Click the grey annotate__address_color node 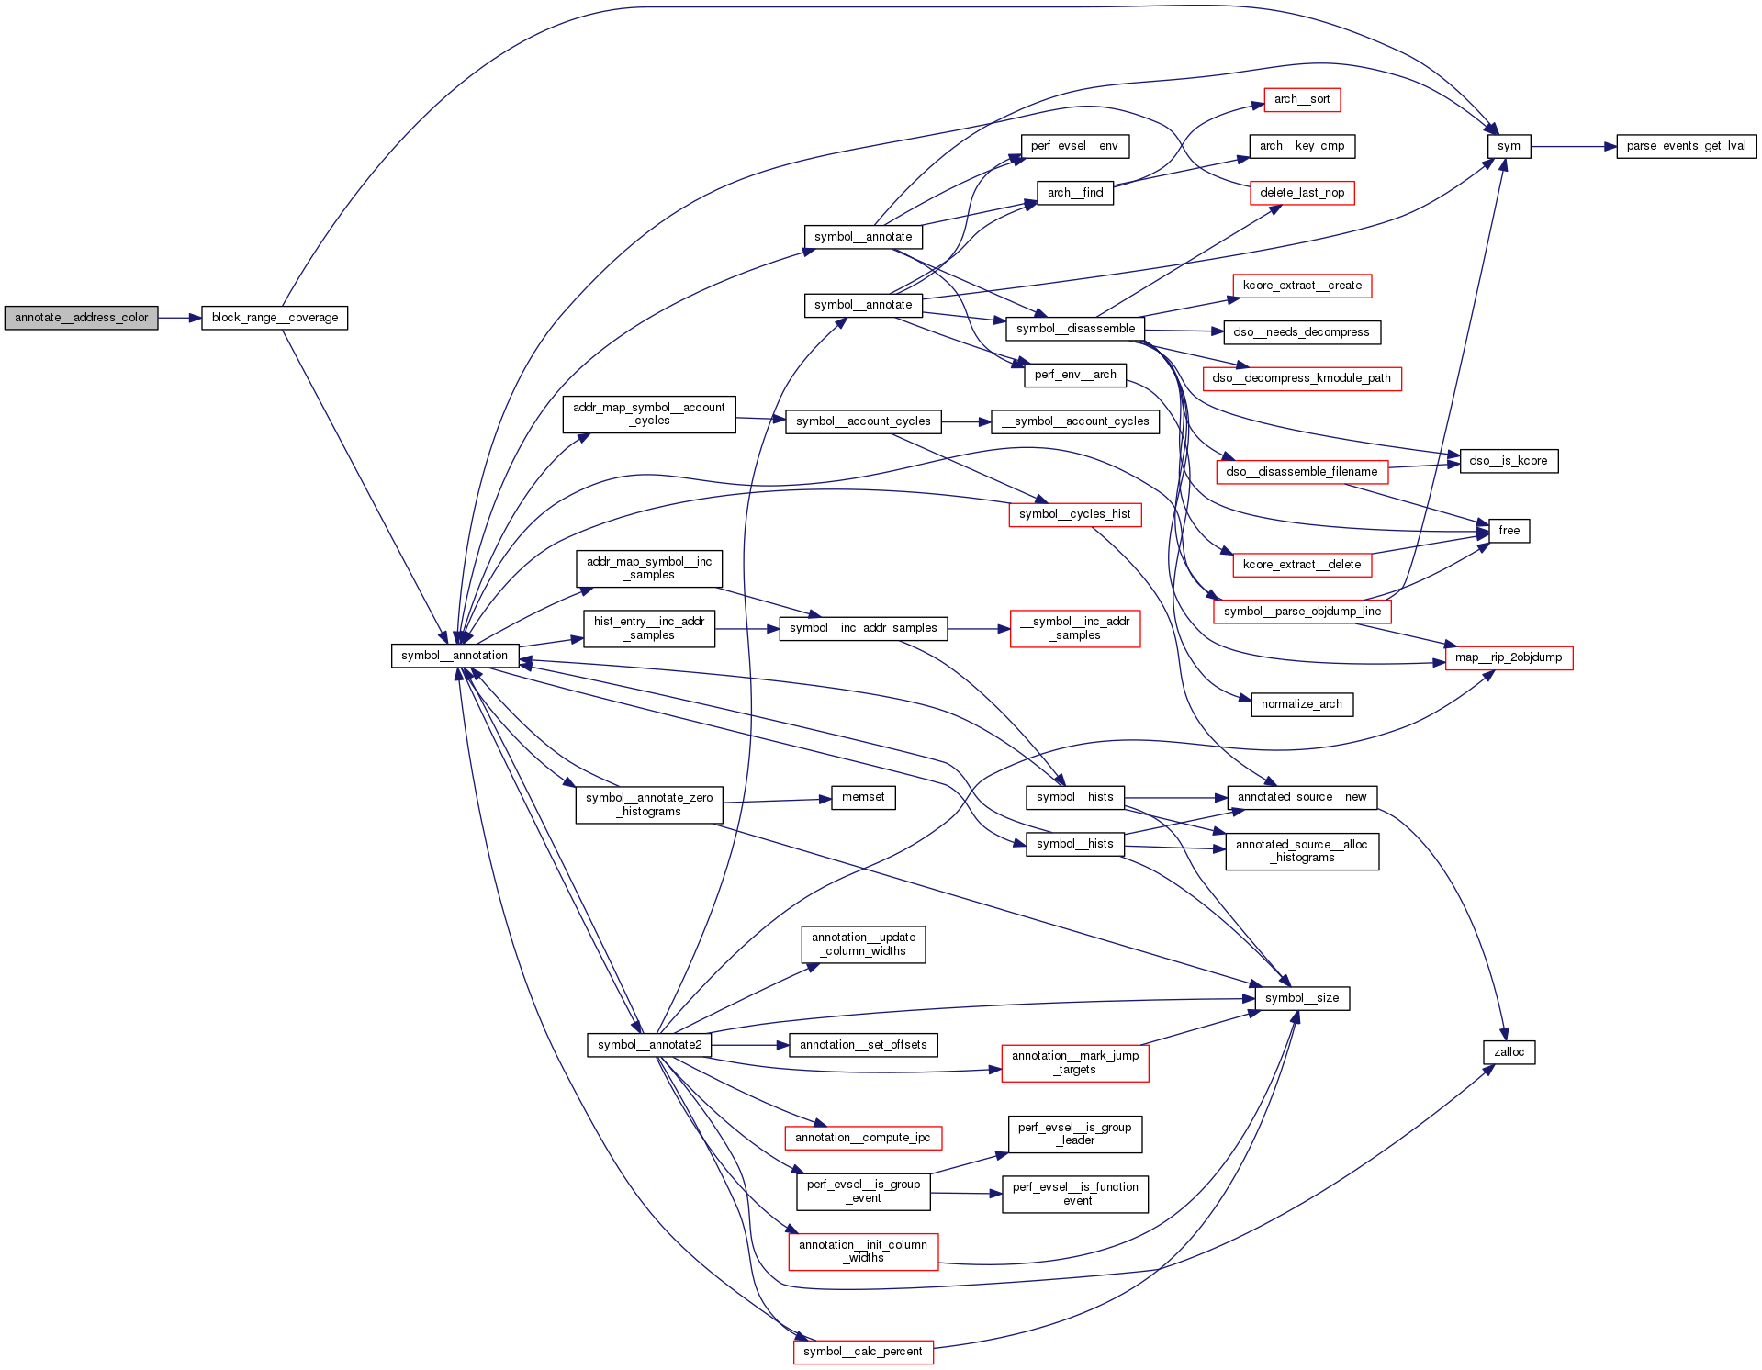[81, 318]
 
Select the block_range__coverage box [275, 318]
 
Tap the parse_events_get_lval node [1686, 146]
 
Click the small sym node [1509, 146]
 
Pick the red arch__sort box [1301, 99]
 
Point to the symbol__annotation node [455, 656]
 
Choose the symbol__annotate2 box [649, 1045]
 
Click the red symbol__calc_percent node [862, 1352]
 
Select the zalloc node [1509, 1052]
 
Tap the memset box [863, 797]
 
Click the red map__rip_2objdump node [1508, 657]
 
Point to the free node [1509, 531]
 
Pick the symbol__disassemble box [1075, 329]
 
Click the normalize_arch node [1301, 704]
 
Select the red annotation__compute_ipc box [862, 1138]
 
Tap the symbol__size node [1301, 998]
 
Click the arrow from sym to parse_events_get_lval [1573, 146]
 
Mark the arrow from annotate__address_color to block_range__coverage [179, 318]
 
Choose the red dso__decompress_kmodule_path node [1301, 378]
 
